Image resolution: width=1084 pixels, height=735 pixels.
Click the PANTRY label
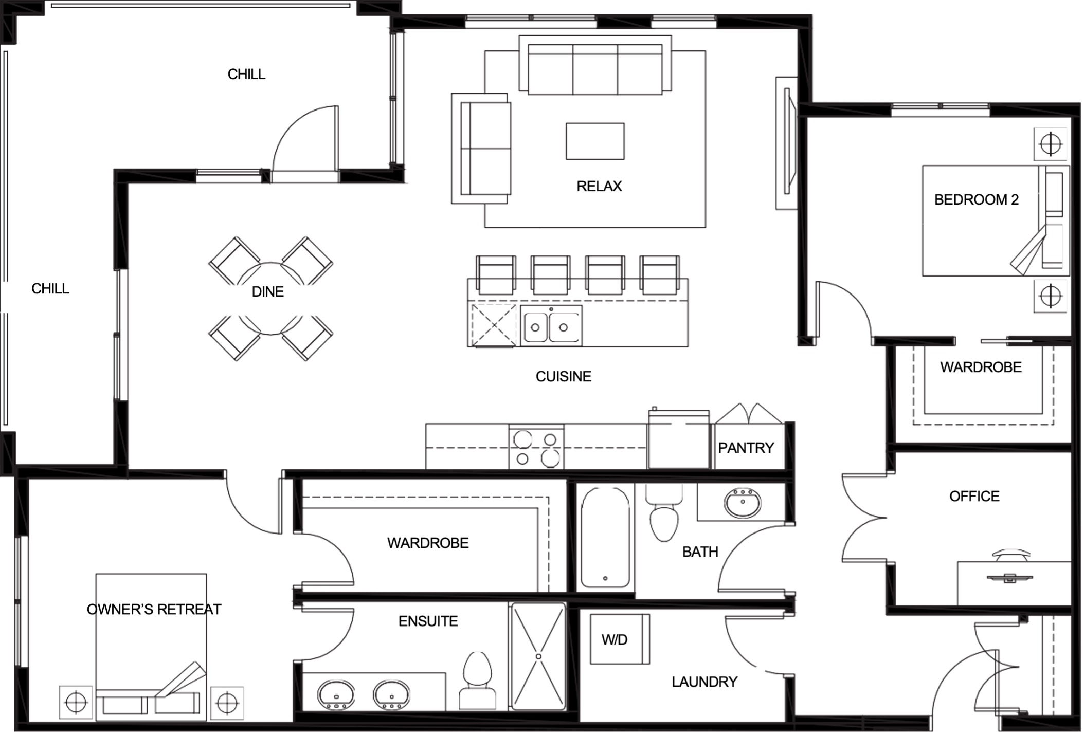point(746,448)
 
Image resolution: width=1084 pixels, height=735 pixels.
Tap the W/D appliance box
point(620,639)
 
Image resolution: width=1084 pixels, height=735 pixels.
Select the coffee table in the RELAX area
point(595,141)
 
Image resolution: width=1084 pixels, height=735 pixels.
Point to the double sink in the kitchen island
point(551,325)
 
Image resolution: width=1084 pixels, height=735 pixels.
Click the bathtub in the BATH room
point(605,538)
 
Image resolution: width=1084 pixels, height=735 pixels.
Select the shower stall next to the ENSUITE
point(538,656)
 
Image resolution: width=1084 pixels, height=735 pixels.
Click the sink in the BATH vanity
point(743,502)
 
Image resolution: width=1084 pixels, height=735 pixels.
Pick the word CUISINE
point(564,377)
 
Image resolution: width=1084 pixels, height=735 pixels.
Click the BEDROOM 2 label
point(976,199)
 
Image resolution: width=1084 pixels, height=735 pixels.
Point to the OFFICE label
point(974,496)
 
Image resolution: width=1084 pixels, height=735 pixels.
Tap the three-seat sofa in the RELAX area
point(595,65)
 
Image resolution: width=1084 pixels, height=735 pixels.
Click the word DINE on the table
point(268,292)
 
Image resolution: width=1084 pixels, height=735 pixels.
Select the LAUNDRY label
point(704,682)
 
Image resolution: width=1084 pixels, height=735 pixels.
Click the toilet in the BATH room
point(664,514)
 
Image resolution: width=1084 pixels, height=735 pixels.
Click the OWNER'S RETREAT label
point(154,610)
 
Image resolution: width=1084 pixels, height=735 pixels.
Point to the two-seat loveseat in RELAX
point(481,149)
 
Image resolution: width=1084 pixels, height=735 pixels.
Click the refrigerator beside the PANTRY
point(679,438)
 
